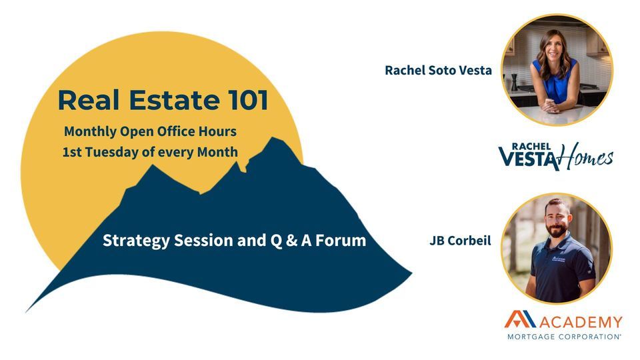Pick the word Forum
(x=341, y=241)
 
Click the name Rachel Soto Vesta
(x=438, y=70)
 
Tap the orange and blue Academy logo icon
(x=519, y=319)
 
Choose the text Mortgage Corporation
(x=564, y=337)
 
